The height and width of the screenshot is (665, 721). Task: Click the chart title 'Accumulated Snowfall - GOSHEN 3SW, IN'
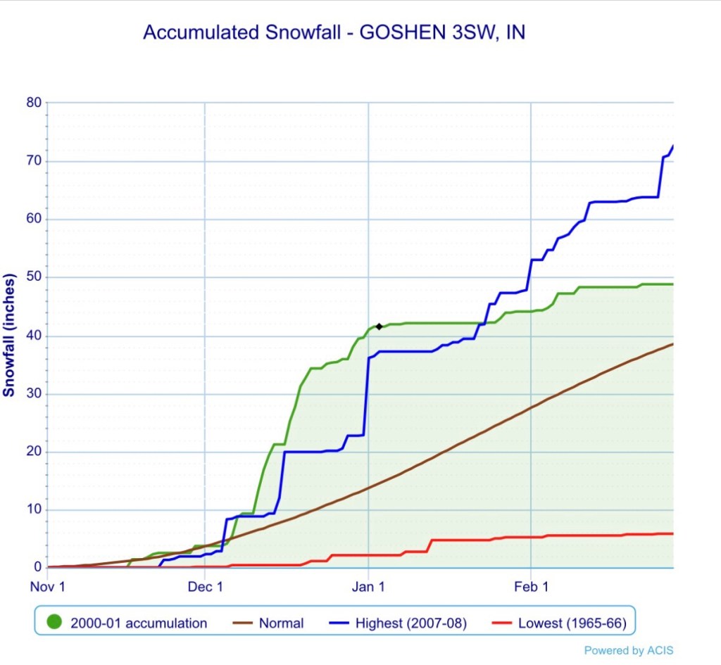(x=334, y=32)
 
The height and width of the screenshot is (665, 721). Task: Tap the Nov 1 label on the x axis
(x=48, y=586)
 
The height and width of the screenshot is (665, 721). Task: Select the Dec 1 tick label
(x=205, y=586)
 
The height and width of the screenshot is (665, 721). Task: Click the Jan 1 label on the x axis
(x=368, y=586)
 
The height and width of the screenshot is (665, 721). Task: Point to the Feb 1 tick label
(x=531, y=586)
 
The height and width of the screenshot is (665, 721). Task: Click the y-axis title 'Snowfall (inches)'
(x=9, y=335)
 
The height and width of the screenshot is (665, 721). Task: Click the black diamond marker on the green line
(x=379, y=327)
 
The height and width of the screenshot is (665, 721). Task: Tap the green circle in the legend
(x=54, y=623)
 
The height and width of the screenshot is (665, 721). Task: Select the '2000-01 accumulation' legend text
(x=139, y=623)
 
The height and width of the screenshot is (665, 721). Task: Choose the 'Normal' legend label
(x=281, y=623)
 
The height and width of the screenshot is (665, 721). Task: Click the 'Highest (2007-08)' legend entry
(x=410, y=623)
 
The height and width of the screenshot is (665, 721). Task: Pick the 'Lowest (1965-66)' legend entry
(x=572, y=623)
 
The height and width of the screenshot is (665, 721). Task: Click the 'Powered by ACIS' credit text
(x=628, y=651)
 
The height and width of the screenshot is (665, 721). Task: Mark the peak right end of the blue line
(x=672, y=146)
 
